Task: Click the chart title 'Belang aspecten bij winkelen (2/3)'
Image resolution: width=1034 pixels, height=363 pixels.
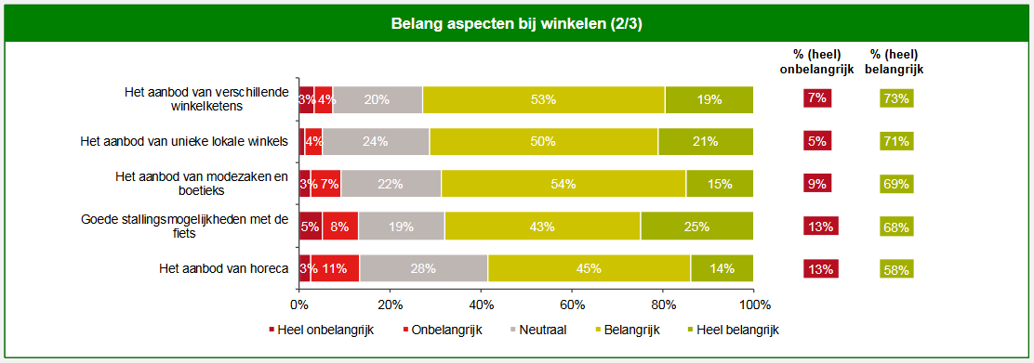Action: pos(516,23)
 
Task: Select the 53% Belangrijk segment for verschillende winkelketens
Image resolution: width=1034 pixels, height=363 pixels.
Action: pos(543,99)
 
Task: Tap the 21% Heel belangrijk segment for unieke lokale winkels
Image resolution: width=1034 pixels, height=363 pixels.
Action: pos(705,141)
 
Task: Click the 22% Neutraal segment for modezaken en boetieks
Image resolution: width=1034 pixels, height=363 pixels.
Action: pos(391,184)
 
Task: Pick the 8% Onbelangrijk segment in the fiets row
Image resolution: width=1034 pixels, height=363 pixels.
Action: pos(339,226)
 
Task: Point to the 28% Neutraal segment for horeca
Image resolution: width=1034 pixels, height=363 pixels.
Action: pos(423,268)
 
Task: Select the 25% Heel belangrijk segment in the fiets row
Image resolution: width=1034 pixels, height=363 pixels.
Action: pos(696,226)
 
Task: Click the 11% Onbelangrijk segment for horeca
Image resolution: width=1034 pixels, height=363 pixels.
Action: pos(335,268)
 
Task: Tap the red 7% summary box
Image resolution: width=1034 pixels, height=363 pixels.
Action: pos(817,98)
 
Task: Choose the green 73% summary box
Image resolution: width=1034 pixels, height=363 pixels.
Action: pos(896,99)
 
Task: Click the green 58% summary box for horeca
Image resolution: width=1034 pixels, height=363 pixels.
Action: pos(896,269)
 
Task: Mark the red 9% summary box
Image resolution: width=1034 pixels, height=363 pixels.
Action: pos(817,184)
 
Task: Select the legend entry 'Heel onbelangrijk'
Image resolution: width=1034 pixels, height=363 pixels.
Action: pos(321,330)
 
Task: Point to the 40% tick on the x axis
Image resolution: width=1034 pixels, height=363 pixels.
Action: pos(480,305)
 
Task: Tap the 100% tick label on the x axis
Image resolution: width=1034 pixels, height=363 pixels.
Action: pos(753,305)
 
